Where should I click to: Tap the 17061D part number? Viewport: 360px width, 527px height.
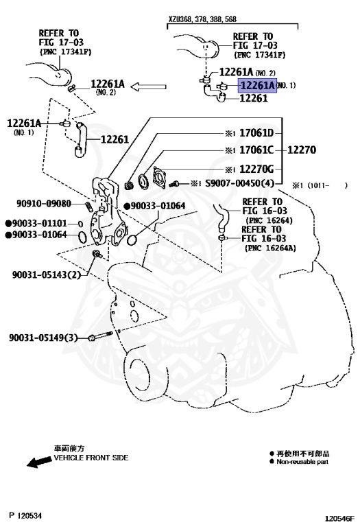pyautogui.click(x=256, y=133)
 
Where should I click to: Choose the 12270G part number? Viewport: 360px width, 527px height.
pyautogui.click(x=256, y=169)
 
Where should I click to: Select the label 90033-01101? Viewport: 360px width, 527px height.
pyautogui.click(x=38, y=224)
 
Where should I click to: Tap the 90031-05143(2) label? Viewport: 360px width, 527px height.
pyautogui.click(x=46, y=275)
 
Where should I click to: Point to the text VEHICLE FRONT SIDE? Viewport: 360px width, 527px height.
pyautogui.click(x=91, y=457)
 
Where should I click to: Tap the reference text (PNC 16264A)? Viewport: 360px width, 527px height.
pyautogui.click(x=270, y=248)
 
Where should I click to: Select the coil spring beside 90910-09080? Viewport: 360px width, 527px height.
pyautogui.click(x=89, y=205)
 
